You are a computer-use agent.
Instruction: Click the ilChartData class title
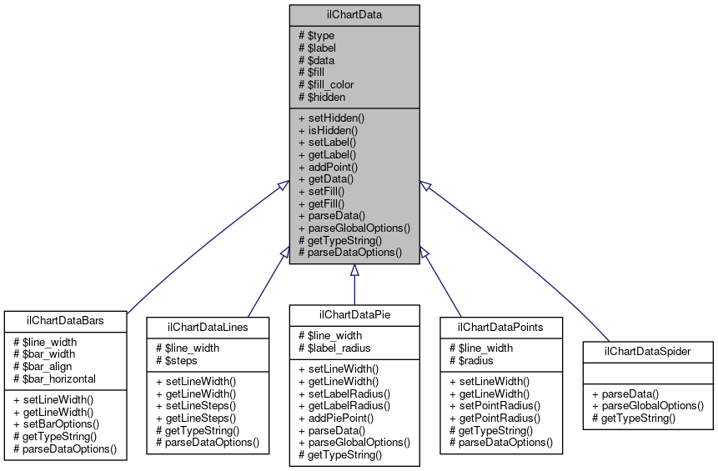354,14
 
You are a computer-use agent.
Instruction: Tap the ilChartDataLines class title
208,327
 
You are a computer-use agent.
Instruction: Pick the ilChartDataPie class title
354,313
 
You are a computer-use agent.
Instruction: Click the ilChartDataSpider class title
648,351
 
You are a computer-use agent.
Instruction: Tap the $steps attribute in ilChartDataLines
176,360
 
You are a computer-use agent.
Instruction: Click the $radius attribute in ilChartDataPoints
471,360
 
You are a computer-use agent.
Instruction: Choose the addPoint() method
329,167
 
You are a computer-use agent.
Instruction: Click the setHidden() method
331,118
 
